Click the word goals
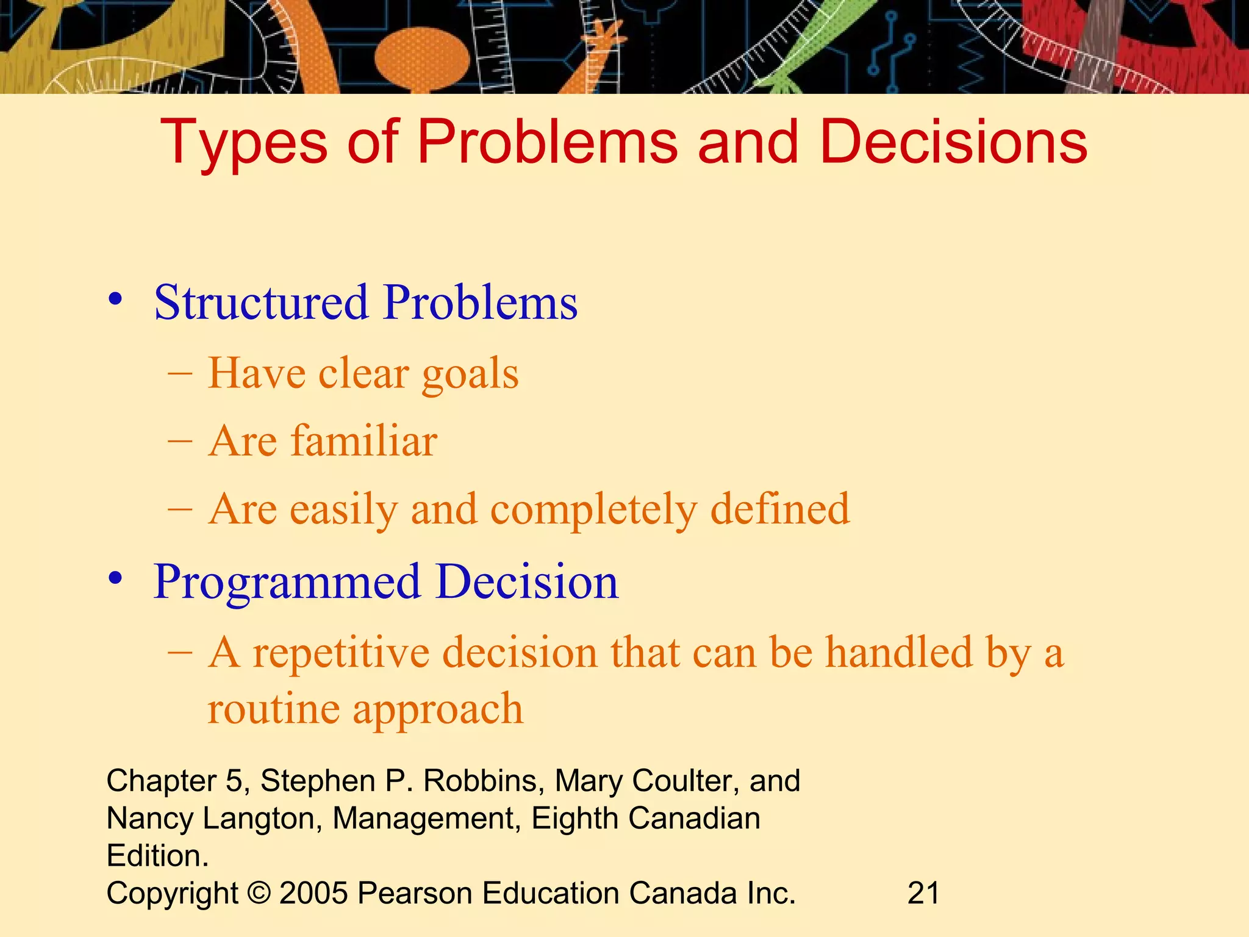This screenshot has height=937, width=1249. click(x=470, y=375)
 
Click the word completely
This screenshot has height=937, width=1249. click(x=593, y=510)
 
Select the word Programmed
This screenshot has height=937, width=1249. click(x=287, y=582)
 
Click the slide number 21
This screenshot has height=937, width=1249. click(x=923, y=893)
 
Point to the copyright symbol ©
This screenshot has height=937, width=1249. click(x=259, y=893)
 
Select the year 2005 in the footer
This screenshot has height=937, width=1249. click(x=313, y=893)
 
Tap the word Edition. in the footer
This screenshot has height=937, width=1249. click(x=157, y=856)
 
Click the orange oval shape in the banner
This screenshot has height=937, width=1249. click(x=421, y=58)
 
